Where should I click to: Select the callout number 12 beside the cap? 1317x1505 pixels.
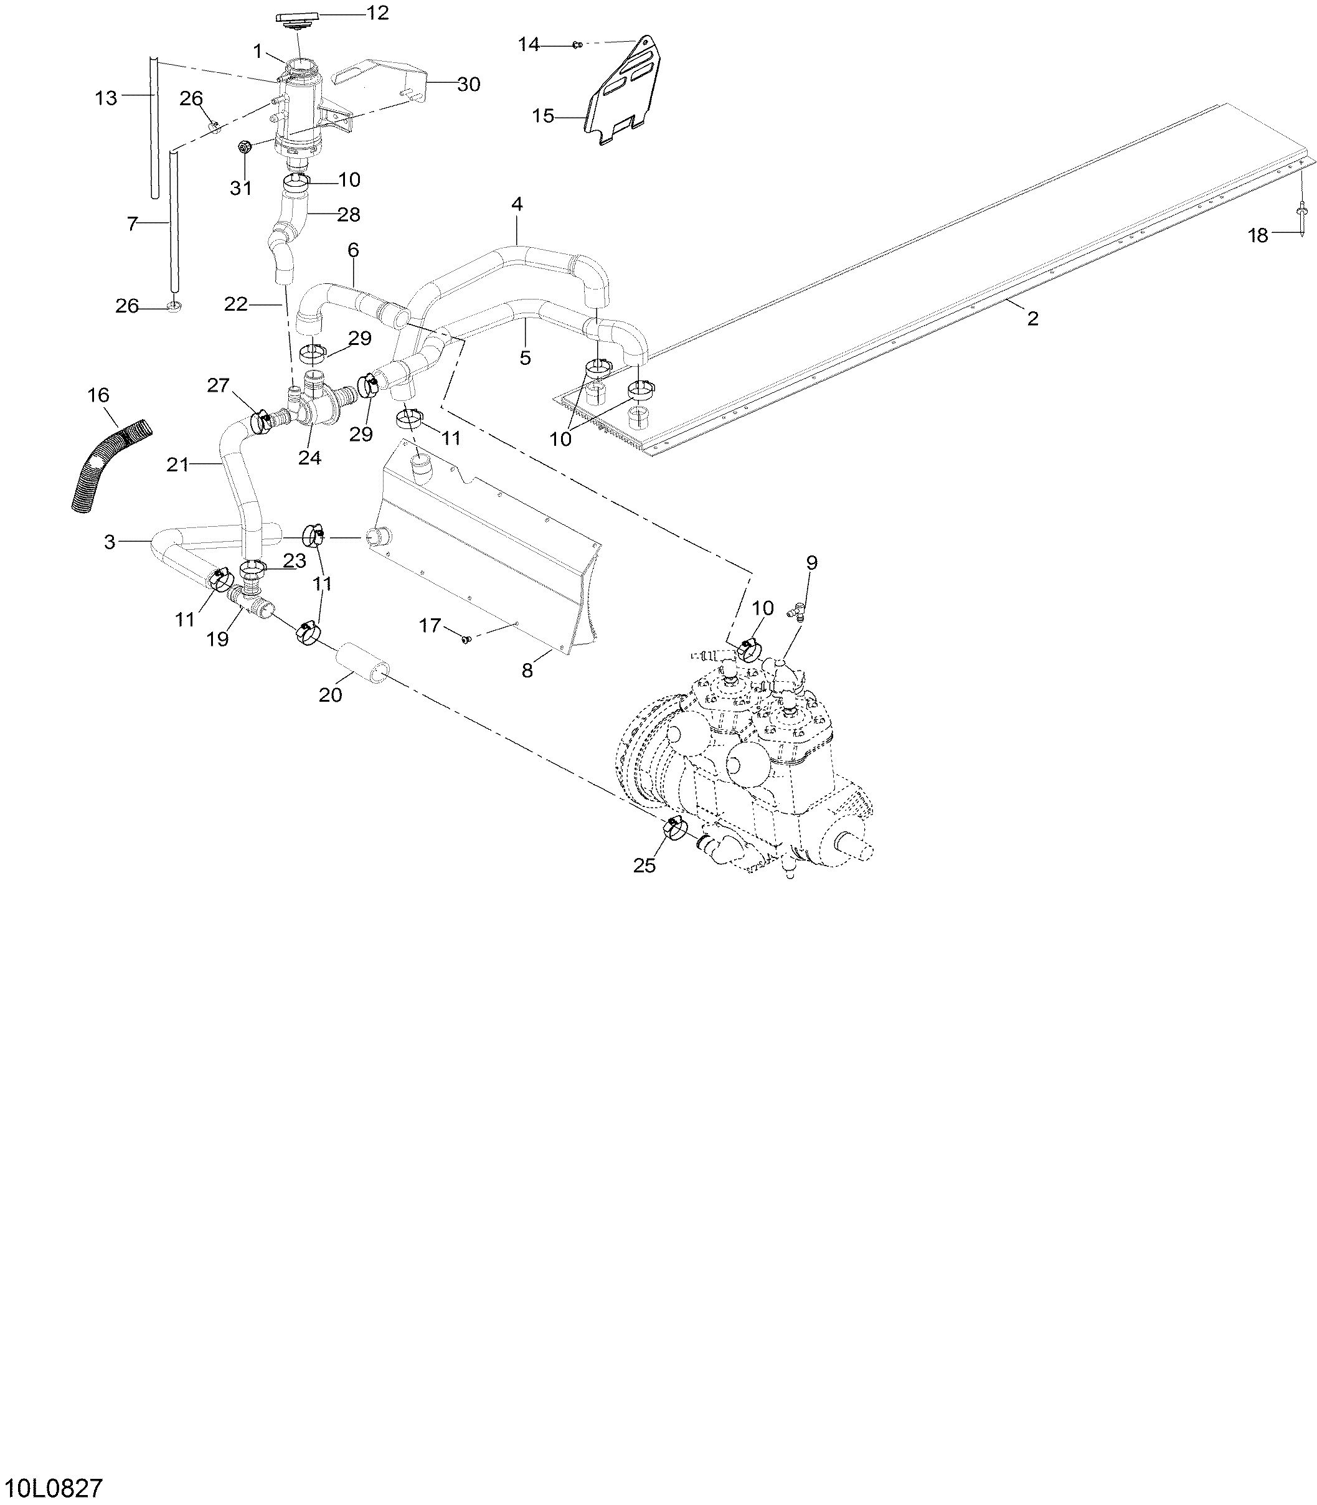pyautogui.click(x=378, y=13)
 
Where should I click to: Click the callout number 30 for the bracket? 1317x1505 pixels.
pyautogui.click(x=468, y=85)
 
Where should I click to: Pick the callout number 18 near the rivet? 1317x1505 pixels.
pyautogui.click(x=1258, y=235)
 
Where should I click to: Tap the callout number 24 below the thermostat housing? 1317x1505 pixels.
pyautogui.click(x=309, y=457)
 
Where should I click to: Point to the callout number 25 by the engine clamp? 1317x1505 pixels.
pyautogui.click(x=644, y=866)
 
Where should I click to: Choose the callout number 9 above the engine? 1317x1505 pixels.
pyautogui.click(x=811, y=563)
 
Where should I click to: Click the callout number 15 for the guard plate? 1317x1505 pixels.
pyautogui.click(x=543, y=116)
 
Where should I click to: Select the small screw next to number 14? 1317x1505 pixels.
pyautogui.click(x=578, y=45)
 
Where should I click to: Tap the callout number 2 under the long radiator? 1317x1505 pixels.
pyautogui.click(x=1032, y=318)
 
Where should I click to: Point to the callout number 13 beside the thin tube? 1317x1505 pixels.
pyautogui.click(x=106, y=98)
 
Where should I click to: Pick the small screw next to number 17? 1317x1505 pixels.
pyautogui.click(x=465, y=639)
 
